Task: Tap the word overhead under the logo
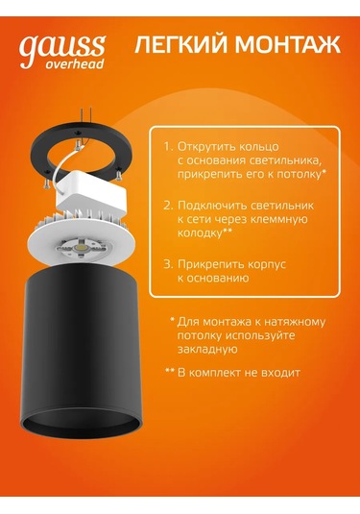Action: [75, 63]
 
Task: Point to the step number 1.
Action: [168, 146]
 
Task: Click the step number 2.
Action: [168, 206]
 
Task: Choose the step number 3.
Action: [168, 264]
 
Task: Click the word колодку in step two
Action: [200, 233]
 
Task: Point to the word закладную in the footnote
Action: [207, 350]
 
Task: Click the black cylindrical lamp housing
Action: [81, 355]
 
